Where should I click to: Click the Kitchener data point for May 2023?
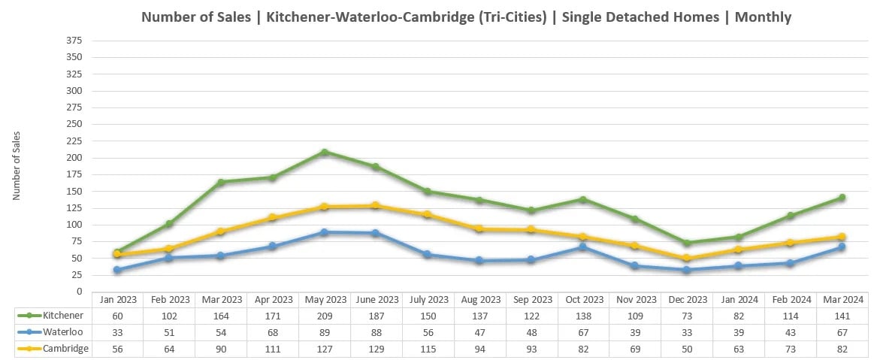point(324,153)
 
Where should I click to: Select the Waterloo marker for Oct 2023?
point(583,247)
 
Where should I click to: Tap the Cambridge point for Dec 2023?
point(687,259)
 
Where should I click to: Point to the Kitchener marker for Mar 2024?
point(842,198)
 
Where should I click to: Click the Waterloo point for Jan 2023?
point(116,270)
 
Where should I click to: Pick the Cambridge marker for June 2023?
point(376,206)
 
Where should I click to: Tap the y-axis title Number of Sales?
point(17,165)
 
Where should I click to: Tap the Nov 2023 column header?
point(635,299)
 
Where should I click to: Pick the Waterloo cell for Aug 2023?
point(479,332)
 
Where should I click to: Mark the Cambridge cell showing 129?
point(376,349)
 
